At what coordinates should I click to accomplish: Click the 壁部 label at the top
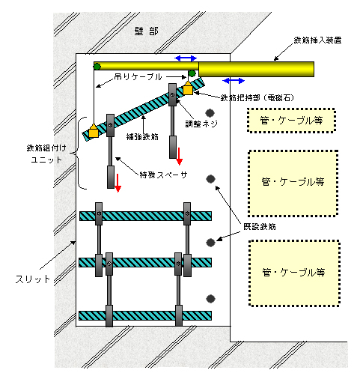pyautogui.click(x=146, y=31)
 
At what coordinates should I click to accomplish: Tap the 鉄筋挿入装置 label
pyautogui.click(x=317, y=40)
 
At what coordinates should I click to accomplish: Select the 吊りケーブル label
pyautogui.click(x=138, y=76)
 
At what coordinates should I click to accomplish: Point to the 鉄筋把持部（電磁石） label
pyautogui.click(x=257, y=97)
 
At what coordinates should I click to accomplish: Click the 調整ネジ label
pyautogui.click(x=201, y=124)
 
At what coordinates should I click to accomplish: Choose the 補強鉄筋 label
pyautogui.click(x=142, y=136)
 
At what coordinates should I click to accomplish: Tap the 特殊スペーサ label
pyautogui.click(x=163, y=175)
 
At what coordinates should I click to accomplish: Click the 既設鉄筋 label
pyautogui.click(x=260, y=227)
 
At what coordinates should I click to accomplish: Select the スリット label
pyautogui.click(x=33, y=279)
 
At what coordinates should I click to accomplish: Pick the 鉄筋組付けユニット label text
pyautogui.click(x=46, y=154)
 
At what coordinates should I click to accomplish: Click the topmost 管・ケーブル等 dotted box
pyautogui.click(x=291, y=121)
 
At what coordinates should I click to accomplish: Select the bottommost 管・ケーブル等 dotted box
pyautogui.click(x=294, y=273)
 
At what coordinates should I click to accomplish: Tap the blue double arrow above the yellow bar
pyautogui.click(x=186, y=58)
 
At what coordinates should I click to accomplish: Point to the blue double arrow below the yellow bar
pyautogui.click(x=234, y=81)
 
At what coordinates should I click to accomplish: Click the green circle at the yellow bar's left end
pyautogui.click(x=97, y=67)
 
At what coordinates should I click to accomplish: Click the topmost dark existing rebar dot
pyautogui.click(x=210, y=113)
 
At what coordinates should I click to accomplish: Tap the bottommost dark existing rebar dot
pyautogui.click(x=211, y=299)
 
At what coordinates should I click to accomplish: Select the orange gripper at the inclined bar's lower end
pyautogui.click(x=94, y=130)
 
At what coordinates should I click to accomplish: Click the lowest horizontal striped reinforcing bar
pyautogui.click(x=145, y=316)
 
